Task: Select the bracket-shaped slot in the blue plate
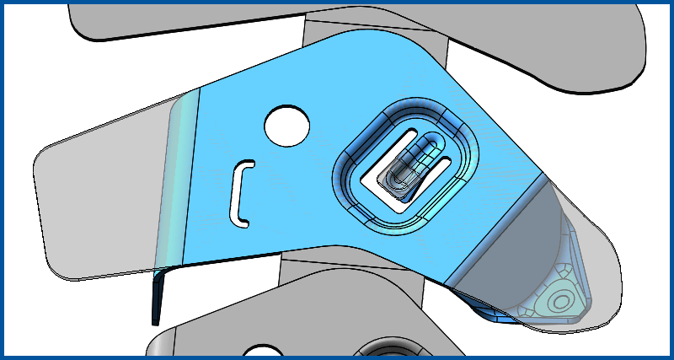click(240, 193)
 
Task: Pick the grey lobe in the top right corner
click(590, 51)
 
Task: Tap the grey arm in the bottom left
click(211, 333)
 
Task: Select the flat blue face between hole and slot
click(270, 164)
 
